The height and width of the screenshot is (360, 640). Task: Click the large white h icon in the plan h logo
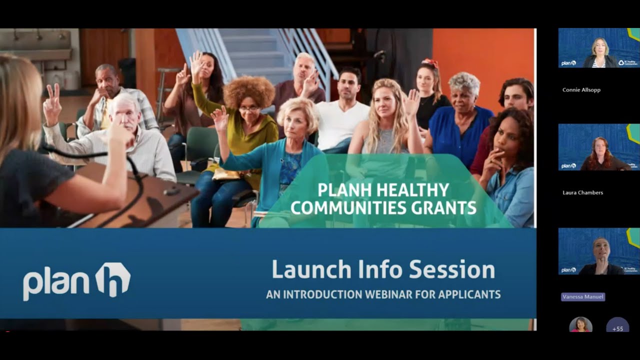tap(113, 281)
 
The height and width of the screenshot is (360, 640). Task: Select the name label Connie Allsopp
tap(581, 90)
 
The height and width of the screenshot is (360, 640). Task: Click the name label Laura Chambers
tap(582, 192)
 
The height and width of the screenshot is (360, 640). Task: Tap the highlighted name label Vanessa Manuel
tap(583, 297)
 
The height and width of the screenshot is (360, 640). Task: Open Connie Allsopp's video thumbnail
tap(599, 48)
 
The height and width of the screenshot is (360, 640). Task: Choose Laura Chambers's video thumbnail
tap(599, 147)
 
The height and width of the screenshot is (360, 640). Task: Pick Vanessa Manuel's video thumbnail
tap(599, 251)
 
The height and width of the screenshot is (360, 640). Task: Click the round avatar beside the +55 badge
tap(580, 325)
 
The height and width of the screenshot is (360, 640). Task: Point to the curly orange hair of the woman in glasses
tap(248, 89)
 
